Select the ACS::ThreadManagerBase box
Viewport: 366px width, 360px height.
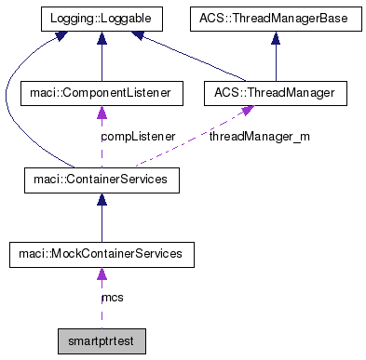(x=275, y=17)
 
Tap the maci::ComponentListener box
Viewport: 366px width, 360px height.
(x=101, y=93)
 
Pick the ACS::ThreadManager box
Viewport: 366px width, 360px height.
(x=275, y=93)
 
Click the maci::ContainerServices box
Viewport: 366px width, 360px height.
(x=101, y=178)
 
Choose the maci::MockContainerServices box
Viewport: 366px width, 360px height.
(x=101, y=253)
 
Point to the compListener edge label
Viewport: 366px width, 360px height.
(x=137, y=136)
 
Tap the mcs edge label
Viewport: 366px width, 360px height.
(x=112, y=298)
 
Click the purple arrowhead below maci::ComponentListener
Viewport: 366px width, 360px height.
(x=101, y=113)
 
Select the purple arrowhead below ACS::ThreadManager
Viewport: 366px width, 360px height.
(x=248, y=112)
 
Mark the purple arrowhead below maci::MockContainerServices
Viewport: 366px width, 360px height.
(x=101, y=273)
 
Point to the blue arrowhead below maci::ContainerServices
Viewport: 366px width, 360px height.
(x=101, y=197)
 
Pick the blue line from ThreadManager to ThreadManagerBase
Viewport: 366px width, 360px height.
(x=275, y=60)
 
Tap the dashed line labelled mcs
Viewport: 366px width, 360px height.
(x=101, y=307)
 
